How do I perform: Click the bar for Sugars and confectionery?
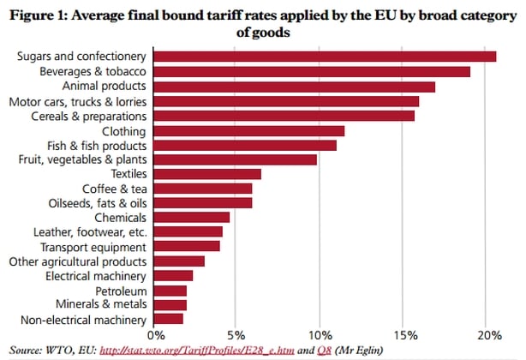[x=326, y=57]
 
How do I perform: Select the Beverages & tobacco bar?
[x=313, y=71]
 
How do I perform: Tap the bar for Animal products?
[x=295, y=86]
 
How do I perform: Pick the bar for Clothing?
[x=249, y=130]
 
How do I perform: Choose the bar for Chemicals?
[x=192, y=217]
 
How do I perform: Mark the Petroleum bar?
[x=170, y=291]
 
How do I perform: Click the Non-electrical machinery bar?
[x=169, y=320]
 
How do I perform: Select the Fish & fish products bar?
[x=245, y=145]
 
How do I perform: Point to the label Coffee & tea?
[x=114, y=189]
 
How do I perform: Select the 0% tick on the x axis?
[x=157, y=335]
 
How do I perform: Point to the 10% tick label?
[x=320, y=335]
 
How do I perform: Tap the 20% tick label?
[x=486, y=335]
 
